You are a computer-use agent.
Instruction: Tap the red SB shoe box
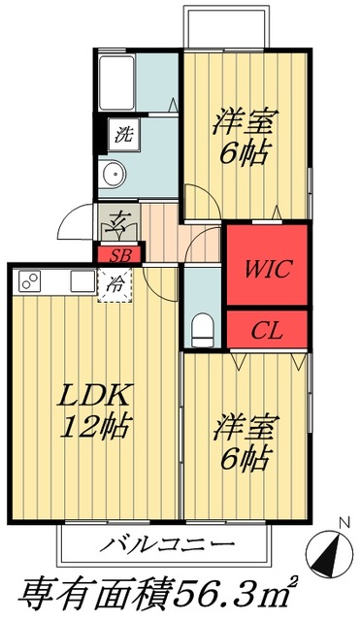click(119, 255)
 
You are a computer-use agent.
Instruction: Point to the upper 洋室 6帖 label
click(245, 137)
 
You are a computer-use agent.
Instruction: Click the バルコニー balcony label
click(166, 542)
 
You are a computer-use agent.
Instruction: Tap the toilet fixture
click(203, 328)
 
